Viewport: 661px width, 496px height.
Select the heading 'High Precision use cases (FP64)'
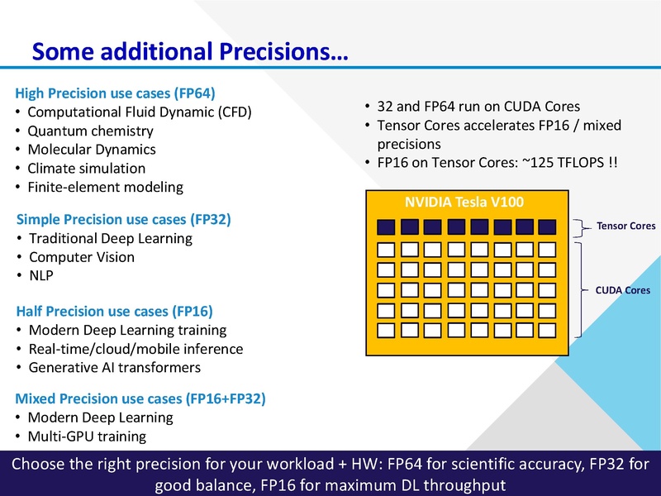pyautogui.click(x=115, y=93)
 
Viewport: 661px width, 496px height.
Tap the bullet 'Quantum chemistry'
pyautogui.click(x=90, y=131)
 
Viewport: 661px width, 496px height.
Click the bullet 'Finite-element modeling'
pyautogui.click(x=105, y=187)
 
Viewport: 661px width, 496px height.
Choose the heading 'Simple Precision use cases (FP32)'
pyautogui.click(x=123, y=220)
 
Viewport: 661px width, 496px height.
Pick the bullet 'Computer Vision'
pyautogui.click(x=81, y=257)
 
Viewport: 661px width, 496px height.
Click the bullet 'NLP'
pyautogui.click(x=40, y=276)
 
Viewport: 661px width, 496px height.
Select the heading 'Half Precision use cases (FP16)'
pyautogui.click(x=114, y=311)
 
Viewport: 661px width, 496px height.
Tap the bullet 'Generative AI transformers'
pyautogui.click(x=114, y=367)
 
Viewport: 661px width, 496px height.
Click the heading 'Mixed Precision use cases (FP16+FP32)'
pyautogui.click(x=140, y=398)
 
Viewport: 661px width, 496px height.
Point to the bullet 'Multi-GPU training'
pyautogui.click(x=87, y=436)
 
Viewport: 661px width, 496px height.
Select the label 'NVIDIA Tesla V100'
pyautogui.click(x=464, y=203)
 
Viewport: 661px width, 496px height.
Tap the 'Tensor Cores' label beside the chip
pyautogui.click(x=625, y=226)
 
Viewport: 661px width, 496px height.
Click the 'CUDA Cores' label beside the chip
pyautogui.click(x=623, y=290)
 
